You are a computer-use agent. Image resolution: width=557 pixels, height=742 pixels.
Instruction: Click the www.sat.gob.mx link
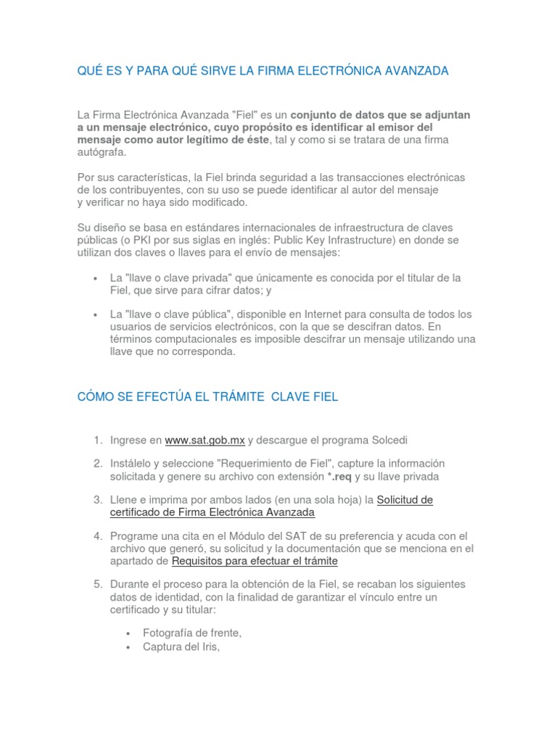click(205, 440)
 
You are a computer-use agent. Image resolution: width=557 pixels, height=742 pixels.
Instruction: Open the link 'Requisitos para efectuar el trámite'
click(255, 561)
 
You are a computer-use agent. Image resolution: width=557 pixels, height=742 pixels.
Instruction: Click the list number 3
click(96, 500)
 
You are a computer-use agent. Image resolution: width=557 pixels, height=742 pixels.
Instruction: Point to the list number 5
click(96, 584)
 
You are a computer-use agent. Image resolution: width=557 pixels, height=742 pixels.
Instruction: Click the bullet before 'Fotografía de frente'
click(128, 633)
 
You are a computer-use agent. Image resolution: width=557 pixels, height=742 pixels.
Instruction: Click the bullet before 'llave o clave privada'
click(96, 278)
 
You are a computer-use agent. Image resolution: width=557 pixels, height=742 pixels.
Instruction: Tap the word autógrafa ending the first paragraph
click(101, 152)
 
